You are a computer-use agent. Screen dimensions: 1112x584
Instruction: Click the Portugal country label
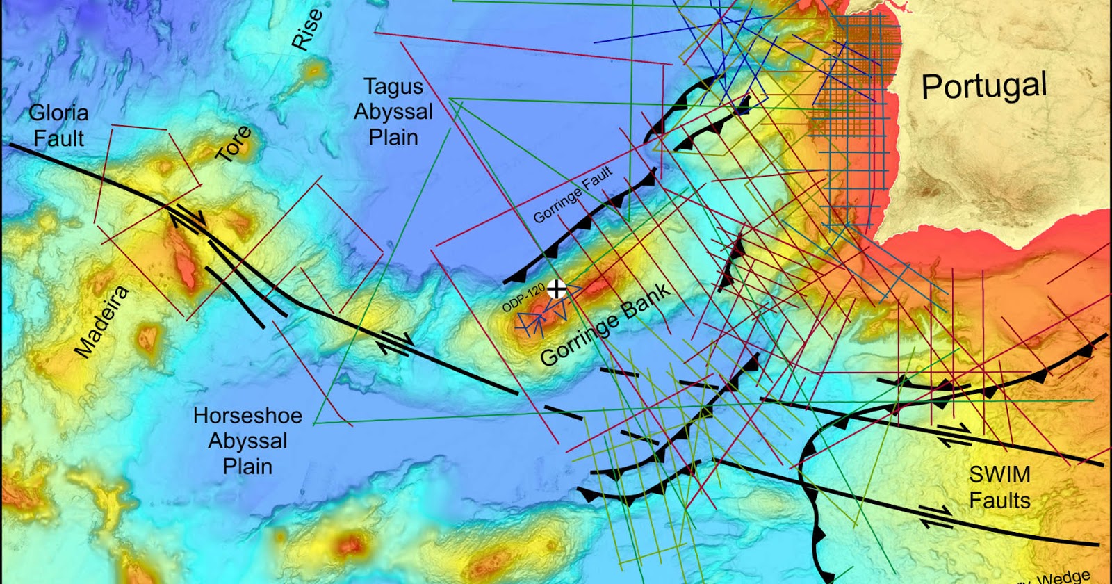pyautogui.click(x=983, y=87)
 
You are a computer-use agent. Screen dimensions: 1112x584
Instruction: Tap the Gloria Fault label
pyautogui.click(x=58, y=125)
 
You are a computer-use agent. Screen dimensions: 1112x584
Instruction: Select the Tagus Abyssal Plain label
pyautogui.click(x=393, y=111)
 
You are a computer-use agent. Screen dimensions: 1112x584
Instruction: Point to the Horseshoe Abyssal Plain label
pyautogui.click(x=247, y=441)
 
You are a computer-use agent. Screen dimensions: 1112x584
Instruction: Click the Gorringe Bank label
pyautogui.click(x=605, y=325)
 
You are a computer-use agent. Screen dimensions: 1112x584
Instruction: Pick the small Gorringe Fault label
pyautogui.click(x=573, y=194)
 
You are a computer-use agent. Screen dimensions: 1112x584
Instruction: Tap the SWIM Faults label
pyautogui.click(x=999, y=487)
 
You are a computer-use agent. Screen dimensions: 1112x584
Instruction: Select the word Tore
pyautogui.click(x=234, y=144)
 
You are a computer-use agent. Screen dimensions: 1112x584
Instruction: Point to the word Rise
pyautogui.click(x=306, y=30)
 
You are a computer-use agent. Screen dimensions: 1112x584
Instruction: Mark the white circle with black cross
pyautogui.click(x=556, y=289)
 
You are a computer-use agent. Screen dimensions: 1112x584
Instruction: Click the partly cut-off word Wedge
pyautogui.click(x=1063, y=576)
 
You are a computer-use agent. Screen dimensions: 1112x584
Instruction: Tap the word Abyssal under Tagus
pyautogui.click(x=393, y=112)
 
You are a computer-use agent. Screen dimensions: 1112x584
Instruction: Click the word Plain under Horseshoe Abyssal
pyautogui.click(x=247, y=466)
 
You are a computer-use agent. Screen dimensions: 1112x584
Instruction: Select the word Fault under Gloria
pyautogui.click(x=58, y=138)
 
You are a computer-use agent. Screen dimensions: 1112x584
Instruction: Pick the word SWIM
pyautogui.click(x=999, y=475)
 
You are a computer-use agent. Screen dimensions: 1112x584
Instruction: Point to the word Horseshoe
pyautogui.click(x=247, y=416)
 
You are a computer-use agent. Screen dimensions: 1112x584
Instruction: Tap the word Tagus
pyautogui.click(x=393, y=87)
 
